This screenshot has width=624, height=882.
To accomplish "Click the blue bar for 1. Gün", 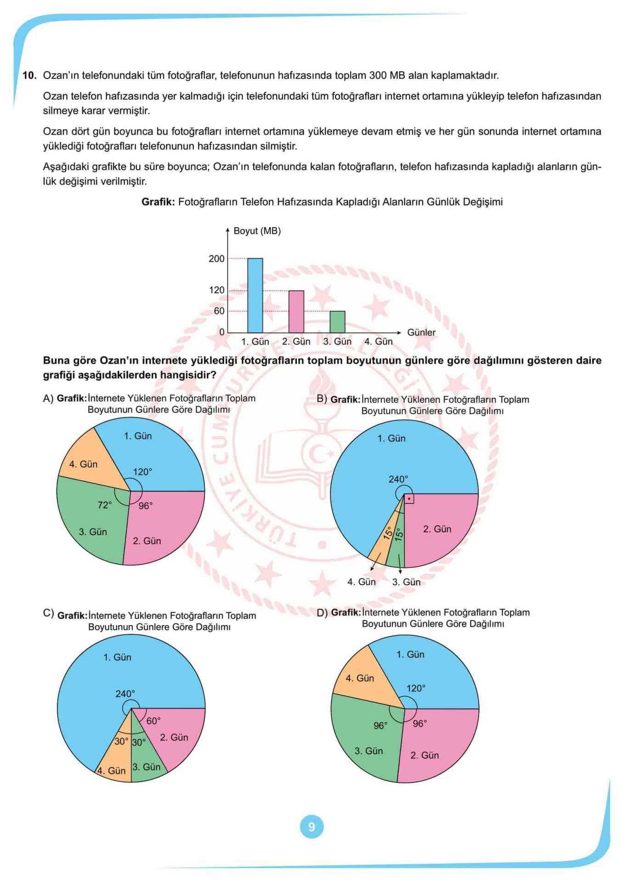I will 255,295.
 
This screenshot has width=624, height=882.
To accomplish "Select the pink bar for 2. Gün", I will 296,311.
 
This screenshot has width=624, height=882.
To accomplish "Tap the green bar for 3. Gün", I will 337,322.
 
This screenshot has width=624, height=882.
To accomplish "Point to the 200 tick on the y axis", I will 216,259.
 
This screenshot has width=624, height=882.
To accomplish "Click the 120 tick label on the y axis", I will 216,290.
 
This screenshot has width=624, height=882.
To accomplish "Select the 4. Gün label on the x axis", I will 378,341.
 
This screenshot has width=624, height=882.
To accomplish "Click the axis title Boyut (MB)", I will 257,231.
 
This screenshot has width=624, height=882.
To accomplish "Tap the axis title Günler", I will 421,332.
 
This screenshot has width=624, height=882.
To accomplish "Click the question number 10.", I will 29,75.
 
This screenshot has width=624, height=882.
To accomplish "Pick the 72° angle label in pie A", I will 104,505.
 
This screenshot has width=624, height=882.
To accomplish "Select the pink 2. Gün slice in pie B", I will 441,528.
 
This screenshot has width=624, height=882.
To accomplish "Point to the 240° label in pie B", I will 398,479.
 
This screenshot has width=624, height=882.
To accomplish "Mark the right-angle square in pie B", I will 409,499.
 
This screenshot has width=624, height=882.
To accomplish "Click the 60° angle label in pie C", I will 153,721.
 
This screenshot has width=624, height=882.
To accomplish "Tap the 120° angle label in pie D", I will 416,688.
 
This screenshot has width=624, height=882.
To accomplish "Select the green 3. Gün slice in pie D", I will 368,744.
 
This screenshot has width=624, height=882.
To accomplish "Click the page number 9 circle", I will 312,827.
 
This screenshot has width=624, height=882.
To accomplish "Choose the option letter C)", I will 48,613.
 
